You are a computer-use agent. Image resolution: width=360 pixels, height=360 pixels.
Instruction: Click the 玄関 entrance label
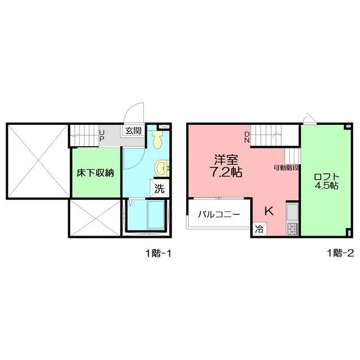tap(133, 130)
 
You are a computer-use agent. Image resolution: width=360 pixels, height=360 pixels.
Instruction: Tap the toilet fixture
tap(157, 139)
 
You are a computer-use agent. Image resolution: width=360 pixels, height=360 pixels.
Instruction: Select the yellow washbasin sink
tap(162, 168)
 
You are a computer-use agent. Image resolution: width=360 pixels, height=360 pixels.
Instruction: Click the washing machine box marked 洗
tap(160, 188)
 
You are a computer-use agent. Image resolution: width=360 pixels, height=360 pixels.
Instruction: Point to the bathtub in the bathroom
tap(156, 215)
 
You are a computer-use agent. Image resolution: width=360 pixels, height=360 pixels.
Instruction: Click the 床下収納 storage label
tap(95, 173)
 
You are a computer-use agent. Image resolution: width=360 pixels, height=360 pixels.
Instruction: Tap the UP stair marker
tap(102, 136)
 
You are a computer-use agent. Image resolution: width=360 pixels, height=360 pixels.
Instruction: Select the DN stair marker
tap(247, 137)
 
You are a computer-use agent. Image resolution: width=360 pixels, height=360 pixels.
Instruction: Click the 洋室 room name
tap(226, 160)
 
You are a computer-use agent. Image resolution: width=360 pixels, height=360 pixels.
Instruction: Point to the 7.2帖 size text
tap(226, 172)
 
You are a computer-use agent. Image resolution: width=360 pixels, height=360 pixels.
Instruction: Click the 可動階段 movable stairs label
tap(286, 168)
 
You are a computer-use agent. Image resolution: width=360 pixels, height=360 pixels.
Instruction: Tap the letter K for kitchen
tap(269, 211)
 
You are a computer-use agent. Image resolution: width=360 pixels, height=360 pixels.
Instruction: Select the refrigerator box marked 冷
tap(260, 229)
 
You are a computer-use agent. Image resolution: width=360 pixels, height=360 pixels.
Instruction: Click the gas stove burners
tap(292, 229)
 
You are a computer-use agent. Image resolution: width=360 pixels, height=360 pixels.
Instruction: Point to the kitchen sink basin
tap(292, 212)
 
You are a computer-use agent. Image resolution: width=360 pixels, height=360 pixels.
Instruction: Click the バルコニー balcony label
tap(219, 214)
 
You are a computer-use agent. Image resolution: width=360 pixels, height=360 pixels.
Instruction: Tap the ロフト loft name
tap(326, 177)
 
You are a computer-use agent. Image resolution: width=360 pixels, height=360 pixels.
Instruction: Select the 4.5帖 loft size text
tap(326, 186)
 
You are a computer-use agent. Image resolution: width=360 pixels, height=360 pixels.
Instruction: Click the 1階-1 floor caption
tap(158, 253)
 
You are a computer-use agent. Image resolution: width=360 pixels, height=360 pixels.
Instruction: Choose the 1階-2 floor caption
tap(340, 253)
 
